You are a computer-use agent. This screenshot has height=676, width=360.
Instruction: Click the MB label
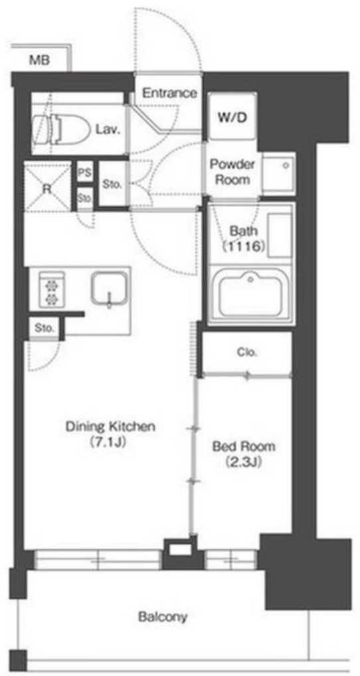click(x=39, y=60)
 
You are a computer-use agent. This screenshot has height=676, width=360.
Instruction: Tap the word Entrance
click(x=169, y=93)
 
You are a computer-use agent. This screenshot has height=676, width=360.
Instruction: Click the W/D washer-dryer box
click(x=232, y=116)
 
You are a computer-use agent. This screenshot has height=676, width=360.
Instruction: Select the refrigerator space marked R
click(x=46, y=187)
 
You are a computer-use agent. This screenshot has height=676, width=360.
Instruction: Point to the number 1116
click(x=243, y=247)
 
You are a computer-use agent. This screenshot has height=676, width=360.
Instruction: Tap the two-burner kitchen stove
click(x=52, y=290)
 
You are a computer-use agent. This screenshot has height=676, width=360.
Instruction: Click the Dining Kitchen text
click(x=110, y=427)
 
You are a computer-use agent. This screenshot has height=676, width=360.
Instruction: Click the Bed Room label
click(x=244, y=447)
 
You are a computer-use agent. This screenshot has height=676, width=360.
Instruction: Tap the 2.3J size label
click(x=244, y=462)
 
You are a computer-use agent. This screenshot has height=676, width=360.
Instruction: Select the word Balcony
click(x=163, y=617)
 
